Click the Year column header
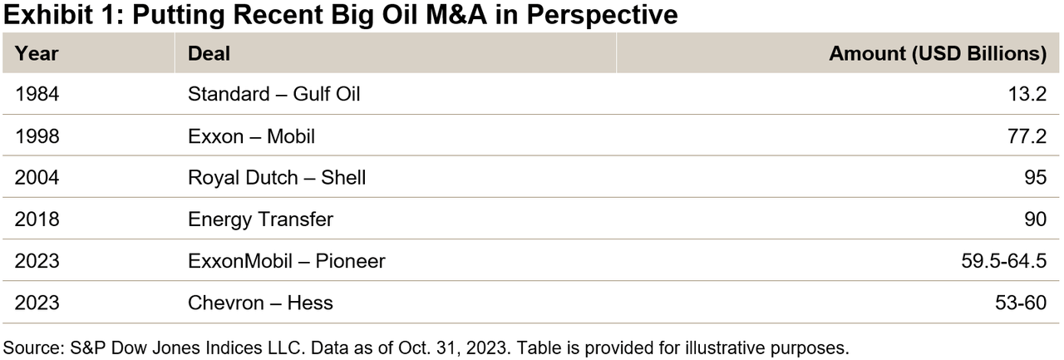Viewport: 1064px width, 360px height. point(37,54)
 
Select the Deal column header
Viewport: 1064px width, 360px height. point(209,54)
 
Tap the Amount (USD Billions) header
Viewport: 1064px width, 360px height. point(938,54)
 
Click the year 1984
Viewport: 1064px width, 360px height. point(37,94)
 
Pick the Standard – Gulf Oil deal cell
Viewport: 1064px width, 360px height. point(274,94)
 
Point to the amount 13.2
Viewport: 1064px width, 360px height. point(1027,94)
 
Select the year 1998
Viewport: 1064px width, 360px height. point(37,136)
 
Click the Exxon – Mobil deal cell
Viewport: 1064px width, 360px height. point(252,136)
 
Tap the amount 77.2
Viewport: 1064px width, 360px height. point(1027,136)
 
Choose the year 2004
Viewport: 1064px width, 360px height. point(37,177)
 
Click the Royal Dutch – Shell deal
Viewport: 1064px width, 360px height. point(277,177)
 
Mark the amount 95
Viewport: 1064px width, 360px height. point(1034,177)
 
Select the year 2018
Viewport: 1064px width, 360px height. point(37,219)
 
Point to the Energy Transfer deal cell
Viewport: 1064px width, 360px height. point(261,219)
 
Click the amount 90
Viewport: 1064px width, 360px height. point(1034,219)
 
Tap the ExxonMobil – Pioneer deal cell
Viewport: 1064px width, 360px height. point(287,261)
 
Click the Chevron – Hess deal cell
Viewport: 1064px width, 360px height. point(261,303)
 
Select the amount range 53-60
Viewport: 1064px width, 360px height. point(1021,303)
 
